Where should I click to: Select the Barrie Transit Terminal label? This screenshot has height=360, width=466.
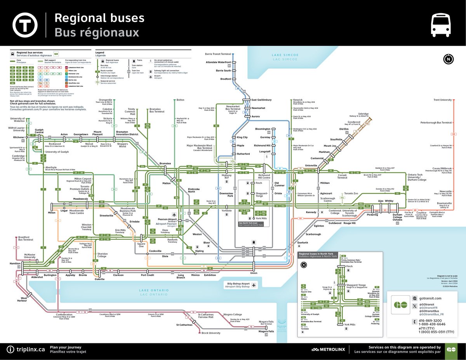[218, 54]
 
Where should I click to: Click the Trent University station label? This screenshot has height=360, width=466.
[443, 100]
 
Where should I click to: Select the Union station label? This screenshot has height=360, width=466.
[254, 273]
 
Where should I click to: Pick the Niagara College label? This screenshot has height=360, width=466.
[232, 315]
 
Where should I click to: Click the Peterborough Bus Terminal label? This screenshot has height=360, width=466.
[436, 123]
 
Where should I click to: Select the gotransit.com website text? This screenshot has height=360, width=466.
[431, 298]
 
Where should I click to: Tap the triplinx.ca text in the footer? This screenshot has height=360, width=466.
[31, 349]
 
